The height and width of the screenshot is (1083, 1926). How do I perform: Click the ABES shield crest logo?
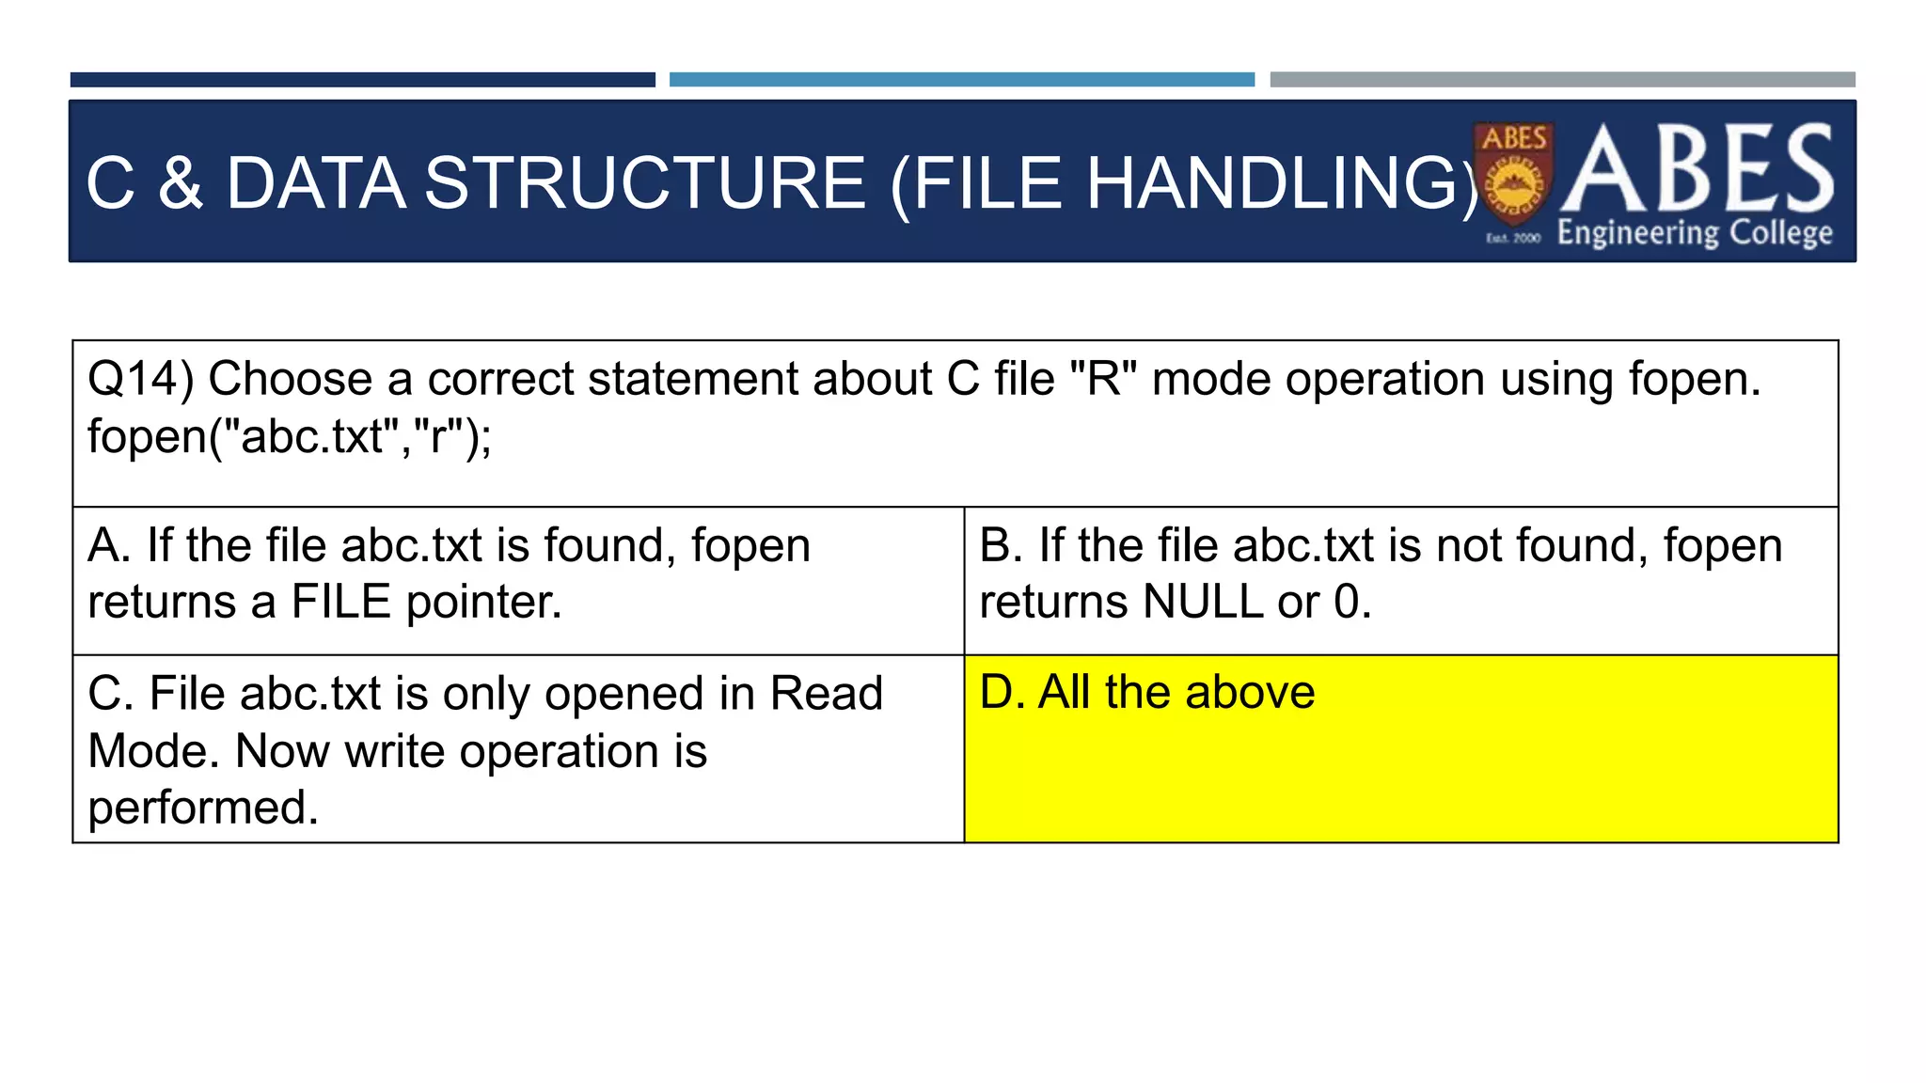[1513, 174]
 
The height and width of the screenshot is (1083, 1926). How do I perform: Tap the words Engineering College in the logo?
[1695, 232]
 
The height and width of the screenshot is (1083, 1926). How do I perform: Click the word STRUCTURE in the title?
[644, 182]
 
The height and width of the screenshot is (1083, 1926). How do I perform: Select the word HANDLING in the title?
[1272, 182]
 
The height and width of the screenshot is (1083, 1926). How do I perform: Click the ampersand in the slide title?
[181, 182]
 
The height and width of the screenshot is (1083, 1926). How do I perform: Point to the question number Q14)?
[141, 379]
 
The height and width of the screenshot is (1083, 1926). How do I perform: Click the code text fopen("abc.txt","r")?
[290, 436]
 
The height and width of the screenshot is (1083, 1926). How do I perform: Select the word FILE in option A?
[340, 602]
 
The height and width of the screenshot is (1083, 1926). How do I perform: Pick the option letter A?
[107, 545]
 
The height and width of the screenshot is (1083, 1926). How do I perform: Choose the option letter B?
[1000, 545]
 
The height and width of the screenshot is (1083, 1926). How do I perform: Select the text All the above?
[1176, 693]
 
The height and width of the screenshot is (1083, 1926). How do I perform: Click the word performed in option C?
[203, 808]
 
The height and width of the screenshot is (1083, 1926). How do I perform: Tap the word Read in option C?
[826, 694]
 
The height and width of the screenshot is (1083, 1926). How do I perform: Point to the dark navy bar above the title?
[362, 80]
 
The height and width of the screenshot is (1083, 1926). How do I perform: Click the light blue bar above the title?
[961, 80]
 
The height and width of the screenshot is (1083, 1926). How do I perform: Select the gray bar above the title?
[1562, 80]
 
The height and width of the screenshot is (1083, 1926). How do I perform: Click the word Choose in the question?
[291, 379]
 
